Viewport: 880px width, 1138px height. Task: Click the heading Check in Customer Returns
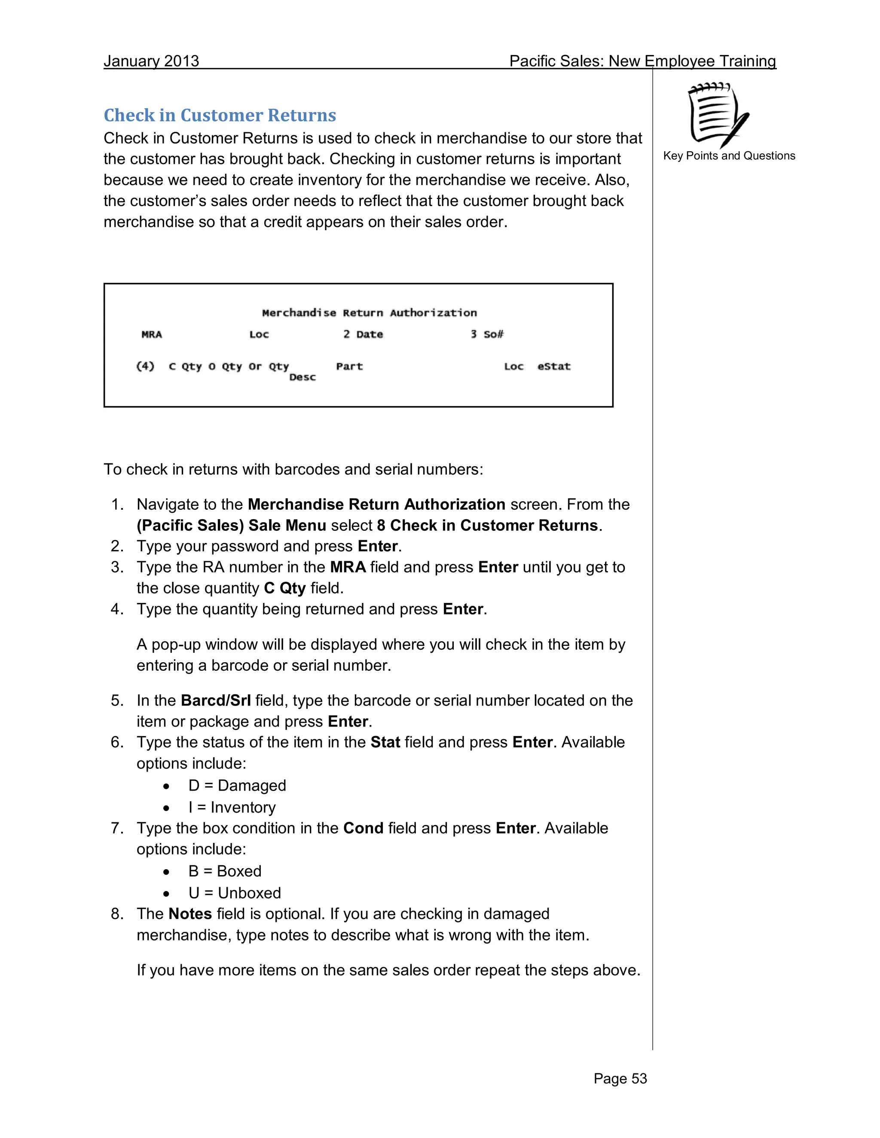pos(220,115)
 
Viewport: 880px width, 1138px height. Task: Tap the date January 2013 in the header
pos(151,61)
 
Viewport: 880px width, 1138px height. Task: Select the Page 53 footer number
pos(620,1078)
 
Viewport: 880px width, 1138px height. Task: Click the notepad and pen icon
pos(718,115)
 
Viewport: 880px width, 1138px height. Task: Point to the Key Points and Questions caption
pos(729,156)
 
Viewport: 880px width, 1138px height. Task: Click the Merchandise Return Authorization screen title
pos(369,313)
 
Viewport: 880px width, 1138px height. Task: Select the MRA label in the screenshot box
pos(152,335)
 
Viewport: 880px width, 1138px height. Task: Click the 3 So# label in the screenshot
pos(487,335)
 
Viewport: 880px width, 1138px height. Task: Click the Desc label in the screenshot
pos(302,377)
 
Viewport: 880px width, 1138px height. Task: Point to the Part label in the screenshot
pos(349,366)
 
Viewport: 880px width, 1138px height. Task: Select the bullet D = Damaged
pos(237,785)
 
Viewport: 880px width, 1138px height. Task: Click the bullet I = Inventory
pos(232,807)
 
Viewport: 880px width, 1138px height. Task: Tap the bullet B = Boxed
pos(225,871)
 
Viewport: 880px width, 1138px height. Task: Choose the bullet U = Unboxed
pos(235,893)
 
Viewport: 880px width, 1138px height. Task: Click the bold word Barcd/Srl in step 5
pos(216,700)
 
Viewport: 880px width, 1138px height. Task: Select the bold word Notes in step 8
pos(190,914)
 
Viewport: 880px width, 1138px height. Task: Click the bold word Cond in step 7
pos(364,828)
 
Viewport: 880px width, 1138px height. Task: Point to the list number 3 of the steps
pos(117,567)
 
